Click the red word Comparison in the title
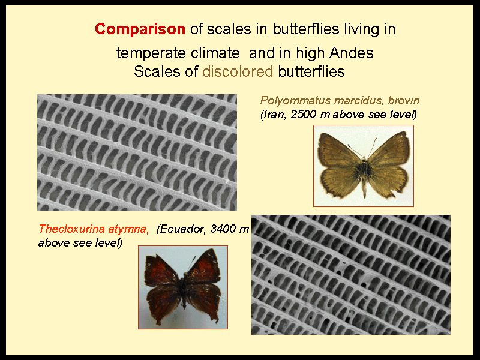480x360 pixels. point(140,29)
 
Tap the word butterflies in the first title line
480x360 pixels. point(306,29)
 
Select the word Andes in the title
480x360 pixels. point(352,53)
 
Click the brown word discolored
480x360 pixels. point(238,71)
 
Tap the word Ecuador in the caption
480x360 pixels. point(182,229)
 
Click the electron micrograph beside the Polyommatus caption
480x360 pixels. point(137,152)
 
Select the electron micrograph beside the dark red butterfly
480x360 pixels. point(351,275)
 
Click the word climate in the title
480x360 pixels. point(215,53)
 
